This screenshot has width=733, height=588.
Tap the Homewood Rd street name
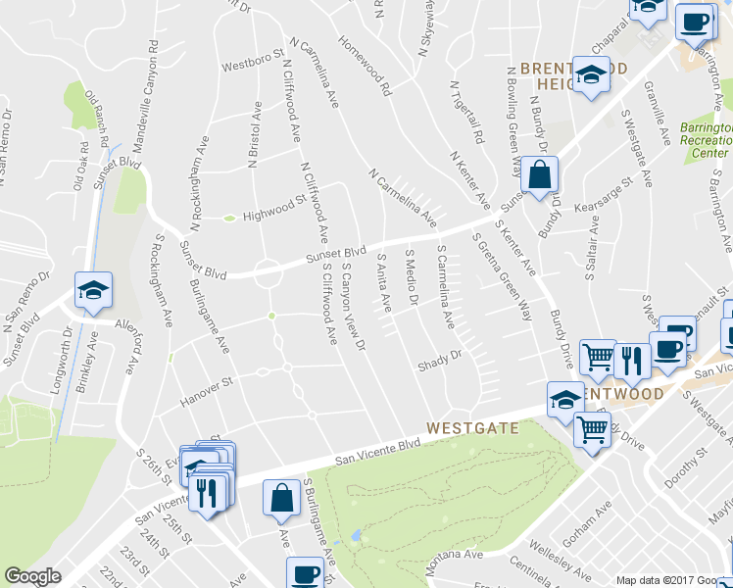[366, 68]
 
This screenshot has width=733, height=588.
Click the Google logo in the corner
[32, 576]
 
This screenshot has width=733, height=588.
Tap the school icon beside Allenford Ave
[93, 291]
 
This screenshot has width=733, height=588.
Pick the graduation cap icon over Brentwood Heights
[592, 76]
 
